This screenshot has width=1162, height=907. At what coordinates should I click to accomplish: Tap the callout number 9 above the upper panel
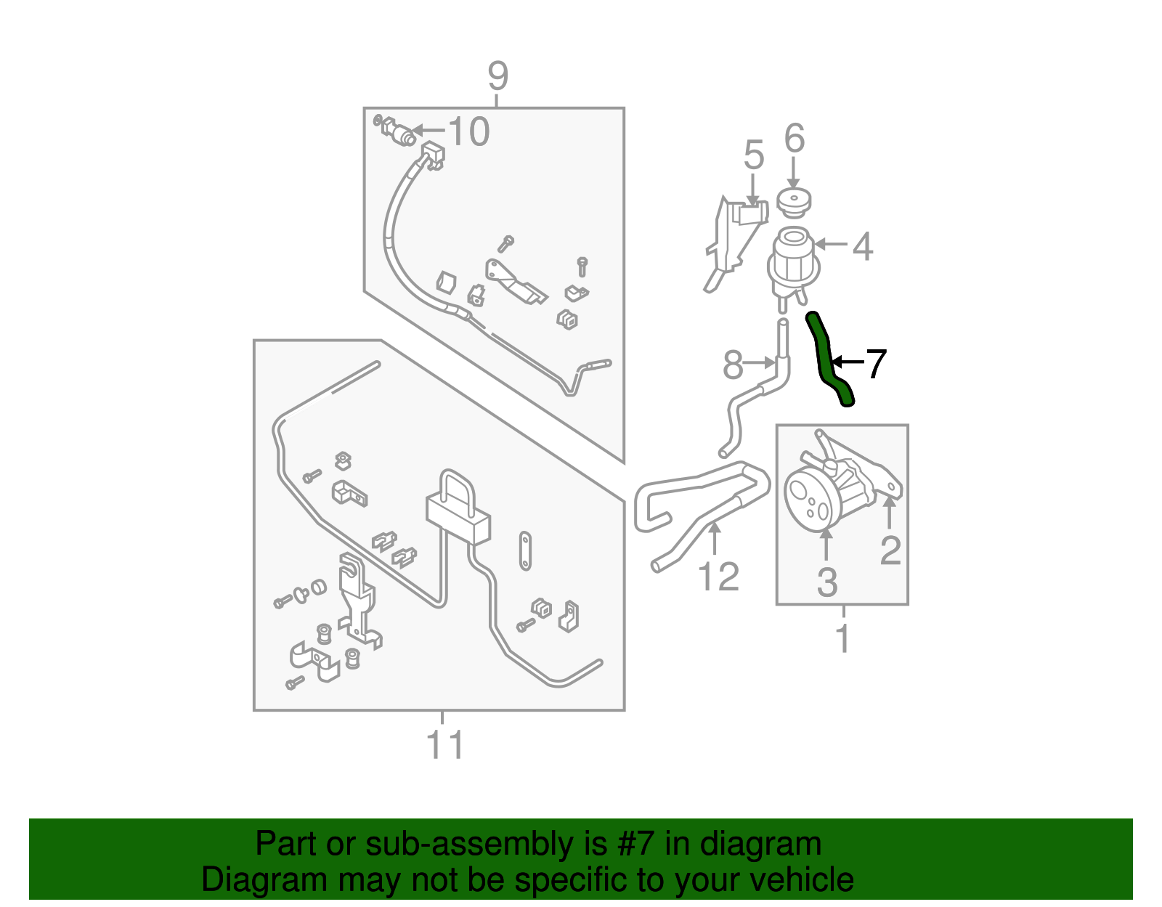tap(497, 76)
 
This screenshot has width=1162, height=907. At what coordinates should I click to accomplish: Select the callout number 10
tap(468, 131)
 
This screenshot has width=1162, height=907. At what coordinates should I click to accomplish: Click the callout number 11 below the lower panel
tap(445, 744)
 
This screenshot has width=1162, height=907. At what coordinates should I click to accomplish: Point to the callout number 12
tap(718, 576)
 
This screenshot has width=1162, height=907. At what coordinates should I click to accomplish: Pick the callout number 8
tap(733, 365)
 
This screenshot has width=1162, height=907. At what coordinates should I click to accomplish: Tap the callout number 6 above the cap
tap(794, 138)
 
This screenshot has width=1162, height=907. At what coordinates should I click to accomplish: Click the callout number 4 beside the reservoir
tap(863, 246)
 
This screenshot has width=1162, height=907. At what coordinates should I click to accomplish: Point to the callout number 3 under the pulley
tap(826, 582)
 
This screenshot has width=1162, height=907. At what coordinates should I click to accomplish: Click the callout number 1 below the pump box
tap(843, 637)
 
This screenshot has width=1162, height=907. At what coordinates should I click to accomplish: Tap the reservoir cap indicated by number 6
tap(794, 203)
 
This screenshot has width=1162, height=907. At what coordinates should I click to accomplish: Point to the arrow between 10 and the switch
tap(428, 131)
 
